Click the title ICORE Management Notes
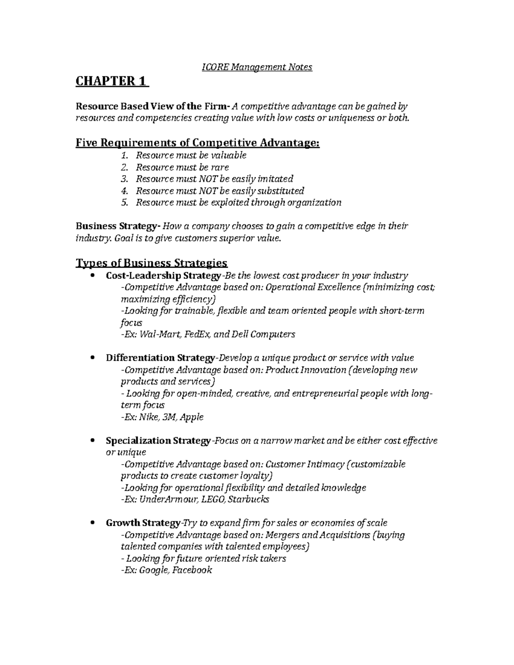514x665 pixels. point(257,67)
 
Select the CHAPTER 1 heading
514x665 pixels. point(111,82)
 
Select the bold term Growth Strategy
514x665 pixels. point(143,523)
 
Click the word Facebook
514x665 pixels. point(192,570)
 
